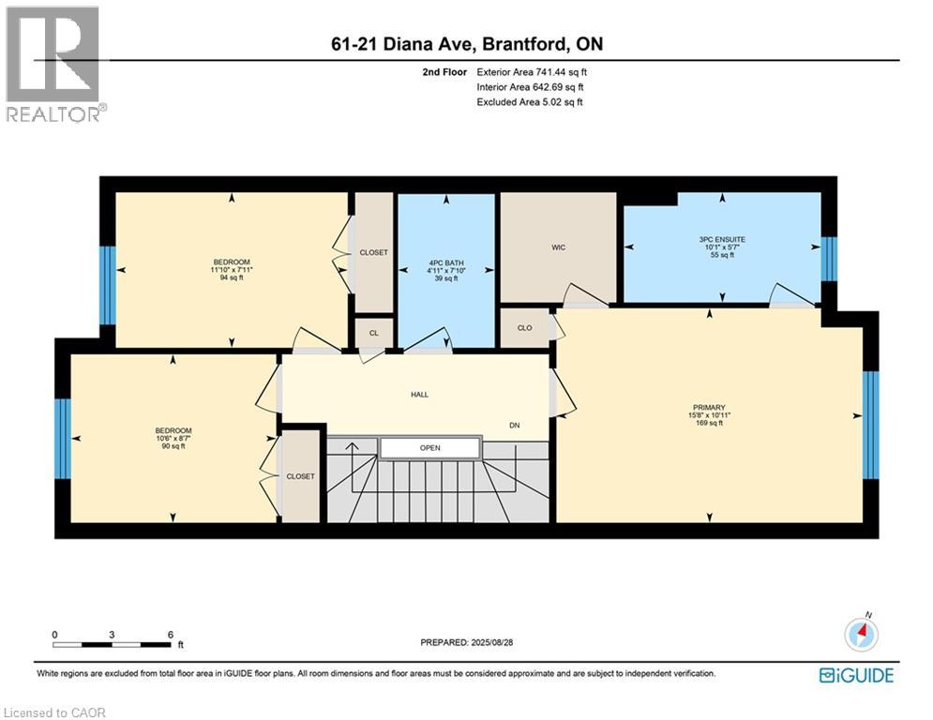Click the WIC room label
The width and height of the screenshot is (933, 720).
[558, 247]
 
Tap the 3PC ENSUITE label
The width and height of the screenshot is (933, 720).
[723, 240]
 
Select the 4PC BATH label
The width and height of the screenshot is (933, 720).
[446, 262]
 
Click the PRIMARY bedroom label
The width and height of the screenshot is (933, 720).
[709, 408]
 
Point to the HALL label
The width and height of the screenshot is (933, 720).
[419, 395]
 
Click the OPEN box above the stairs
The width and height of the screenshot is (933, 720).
[429, 448]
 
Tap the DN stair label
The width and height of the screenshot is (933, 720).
[514, 426]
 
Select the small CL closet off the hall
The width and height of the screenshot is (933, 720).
[373, 332]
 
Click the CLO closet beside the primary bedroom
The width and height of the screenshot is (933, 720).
[525, 328]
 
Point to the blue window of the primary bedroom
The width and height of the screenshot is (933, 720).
[869, 412]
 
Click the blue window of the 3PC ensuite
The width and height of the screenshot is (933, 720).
[828, 260]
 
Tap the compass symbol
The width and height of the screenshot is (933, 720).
[860, 635]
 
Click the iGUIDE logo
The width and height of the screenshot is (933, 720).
[856, 675]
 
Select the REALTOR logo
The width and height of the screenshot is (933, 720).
[53, 64]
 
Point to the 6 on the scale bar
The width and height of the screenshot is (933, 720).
[170, 635]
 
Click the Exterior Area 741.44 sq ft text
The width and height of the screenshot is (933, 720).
[533, 71]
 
